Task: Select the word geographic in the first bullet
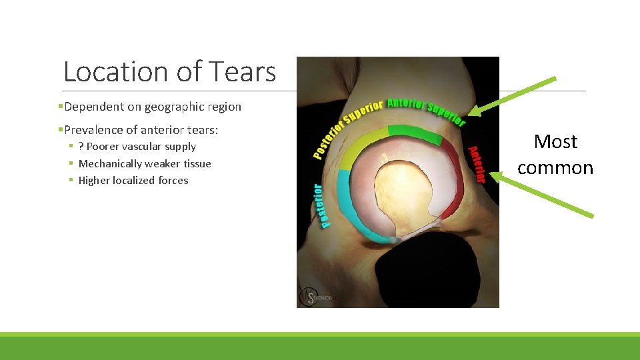click(x=169, y=107)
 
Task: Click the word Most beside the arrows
click(x=555, y=141)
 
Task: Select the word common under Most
click(x=555, y=167)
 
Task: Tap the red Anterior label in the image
click(x=475, y=164)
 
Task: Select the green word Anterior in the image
click(x=405, y=104)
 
